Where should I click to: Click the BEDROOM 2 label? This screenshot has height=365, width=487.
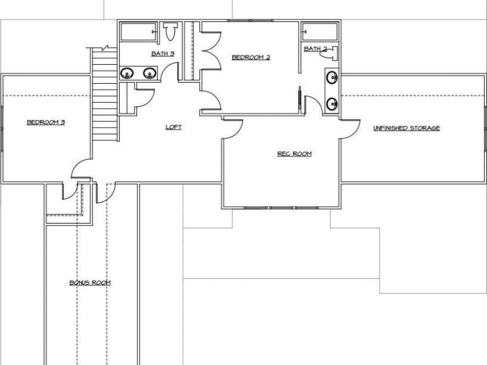(251, 57)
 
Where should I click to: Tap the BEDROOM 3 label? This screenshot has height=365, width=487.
(45, 122)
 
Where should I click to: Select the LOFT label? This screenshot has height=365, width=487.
(173, 127)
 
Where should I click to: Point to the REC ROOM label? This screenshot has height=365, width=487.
(294, 154)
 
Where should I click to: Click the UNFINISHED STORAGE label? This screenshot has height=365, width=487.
(406, 128)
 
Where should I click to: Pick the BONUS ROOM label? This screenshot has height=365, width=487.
(90, 283)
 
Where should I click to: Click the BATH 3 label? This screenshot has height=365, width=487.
(163, 54)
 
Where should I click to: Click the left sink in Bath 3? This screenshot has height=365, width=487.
(127, 73)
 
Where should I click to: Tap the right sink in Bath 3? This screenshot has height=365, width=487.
(149, 73)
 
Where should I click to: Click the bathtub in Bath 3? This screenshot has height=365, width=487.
(138, 31)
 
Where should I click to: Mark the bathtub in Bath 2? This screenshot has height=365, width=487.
(319, 31)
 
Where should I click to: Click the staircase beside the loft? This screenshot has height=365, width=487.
(105, 92)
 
